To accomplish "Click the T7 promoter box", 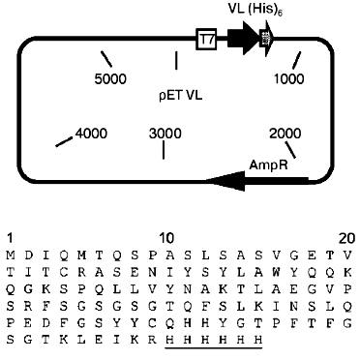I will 204,39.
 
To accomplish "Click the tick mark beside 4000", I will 65,142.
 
